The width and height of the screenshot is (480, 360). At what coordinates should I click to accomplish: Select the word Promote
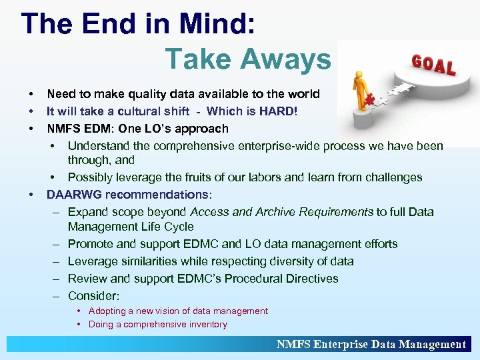tap(91, 244)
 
